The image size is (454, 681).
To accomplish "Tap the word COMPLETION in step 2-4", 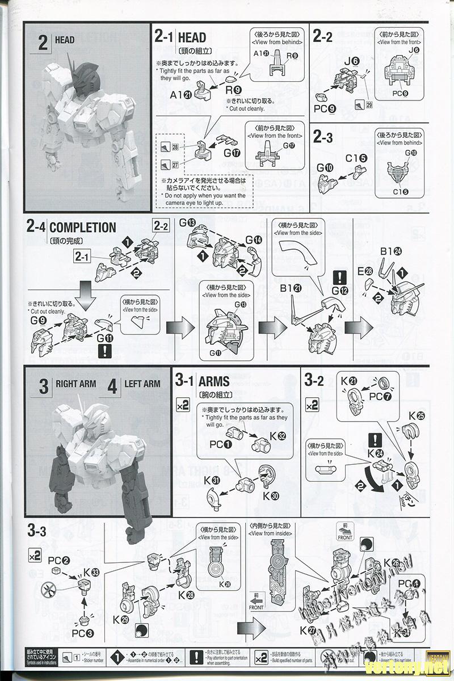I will click(83, 228).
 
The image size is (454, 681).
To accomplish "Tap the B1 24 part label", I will click(391, 251).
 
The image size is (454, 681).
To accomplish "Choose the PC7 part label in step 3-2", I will click(377, 397).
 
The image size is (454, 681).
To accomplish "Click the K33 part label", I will click(91, 571).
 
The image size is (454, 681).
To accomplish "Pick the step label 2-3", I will click(323, 137).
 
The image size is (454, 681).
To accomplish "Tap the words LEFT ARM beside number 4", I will click(142, 384).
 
